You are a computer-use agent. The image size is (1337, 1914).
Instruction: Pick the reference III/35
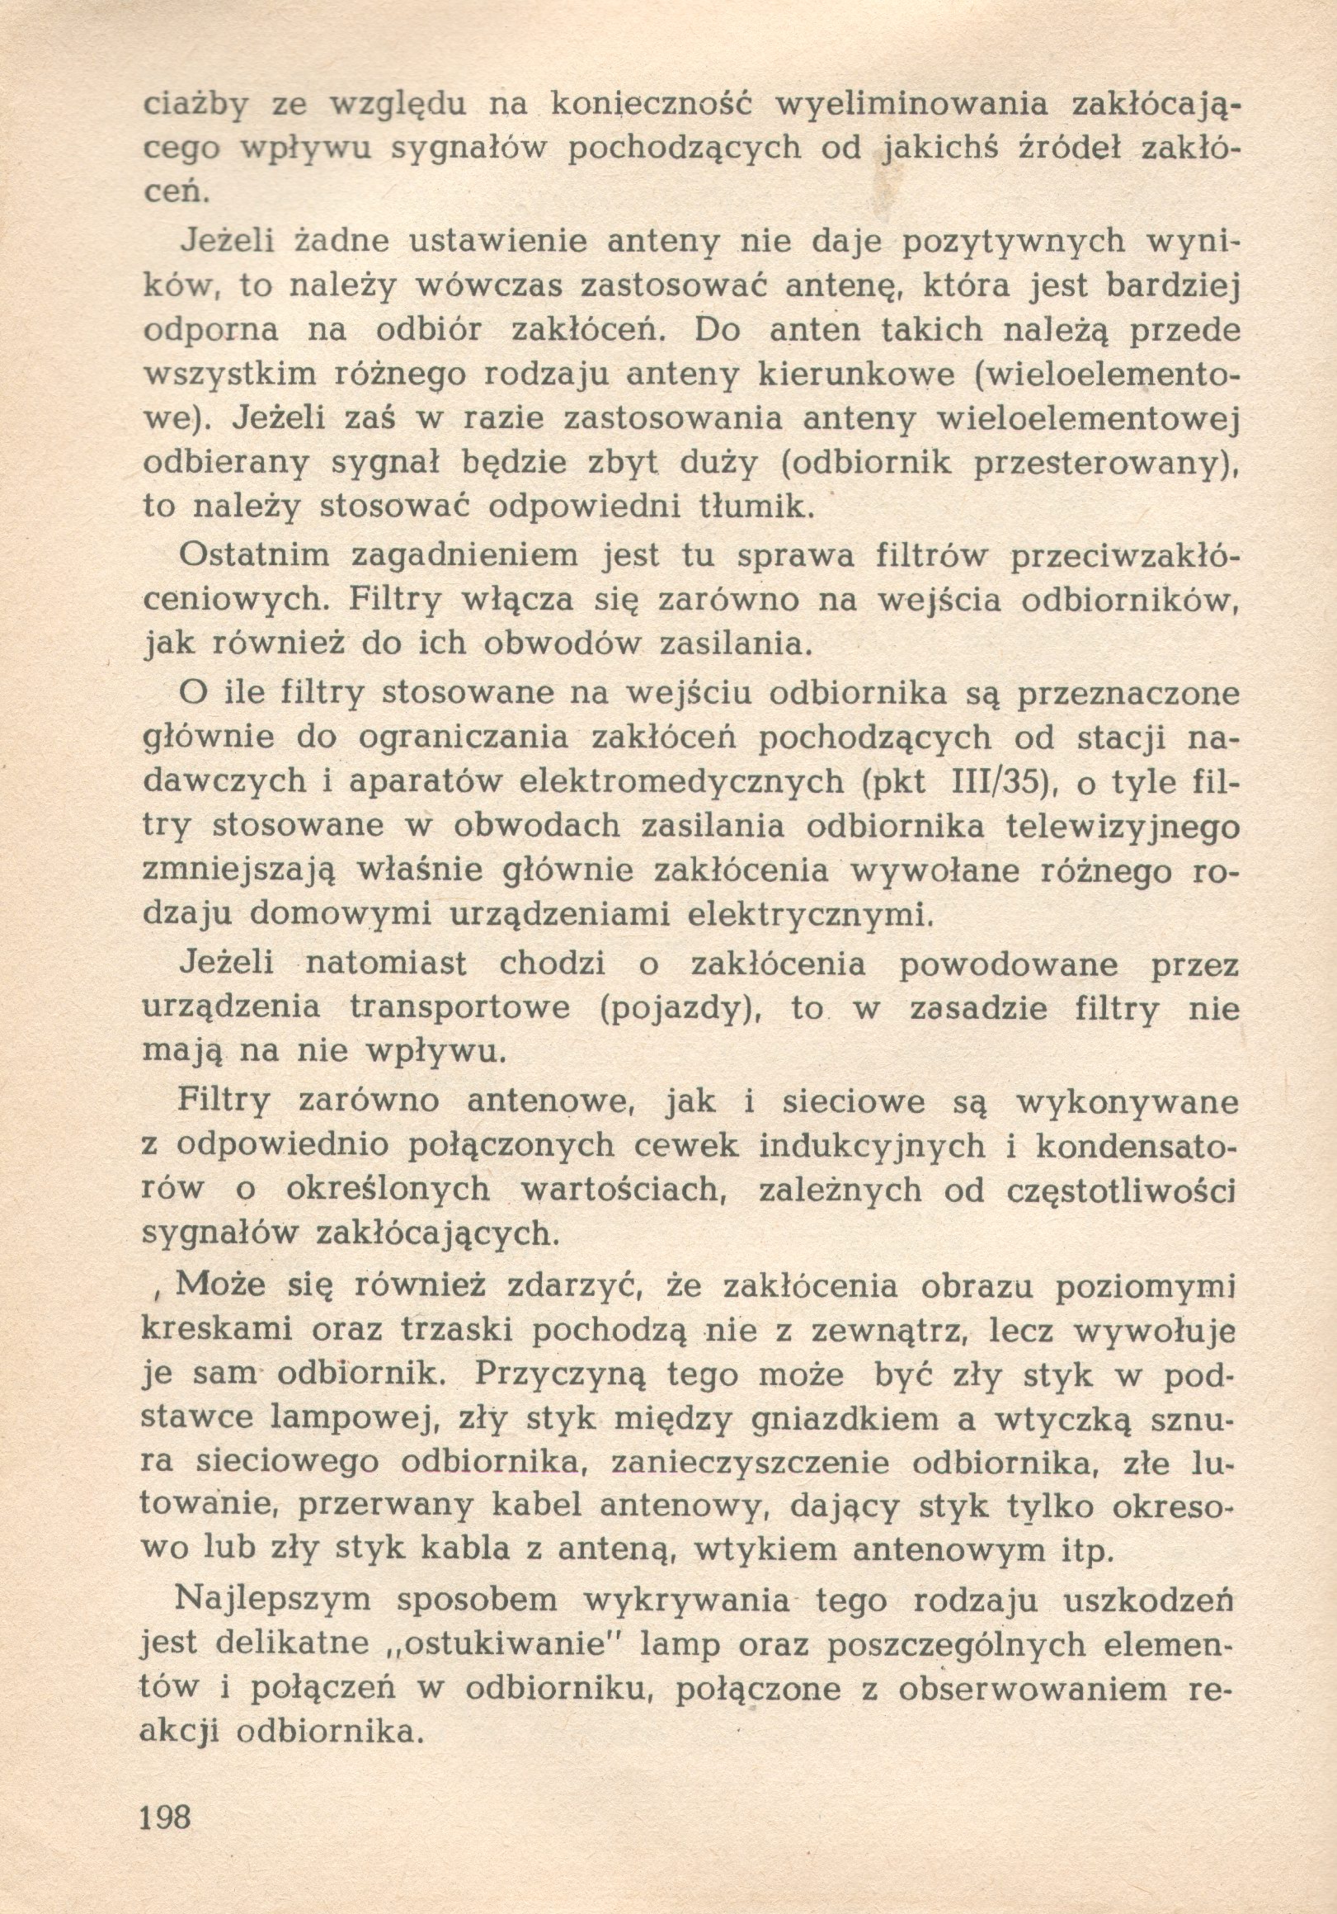[x=988, y=783]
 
